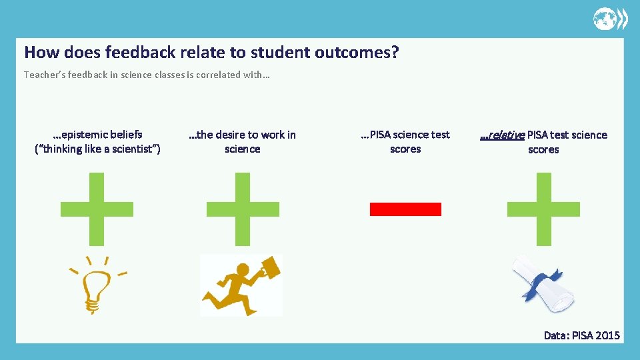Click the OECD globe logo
click(610, 19)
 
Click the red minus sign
click(405, 209)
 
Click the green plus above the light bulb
click(97, 209)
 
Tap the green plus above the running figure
click(243, 209)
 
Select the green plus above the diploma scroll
click(543, 209)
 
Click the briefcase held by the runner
click(269, 268)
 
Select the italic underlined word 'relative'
click(504, 135)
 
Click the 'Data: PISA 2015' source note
click(581, 335)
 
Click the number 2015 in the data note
click(607, 335)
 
